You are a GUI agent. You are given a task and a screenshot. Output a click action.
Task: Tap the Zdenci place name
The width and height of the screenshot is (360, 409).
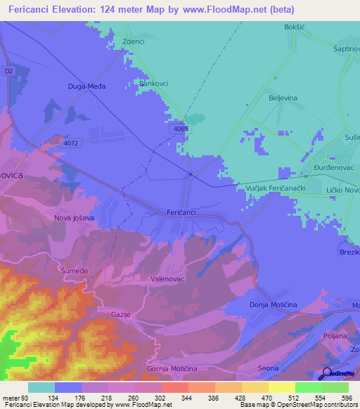click(133, 41)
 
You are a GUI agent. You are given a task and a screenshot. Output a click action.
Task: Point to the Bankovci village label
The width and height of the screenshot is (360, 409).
click(155, 83)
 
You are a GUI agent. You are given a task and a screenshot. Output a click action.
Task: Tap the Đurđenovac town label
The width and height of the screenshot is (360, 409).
click(325, 169)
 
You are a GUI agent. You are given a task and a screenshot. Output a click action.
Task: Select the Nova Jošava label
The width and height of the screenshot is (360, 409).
click(73, 218)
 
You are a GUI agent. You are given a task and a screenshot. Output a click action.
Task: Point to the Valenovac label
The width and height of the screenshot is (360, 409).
click(167, 278)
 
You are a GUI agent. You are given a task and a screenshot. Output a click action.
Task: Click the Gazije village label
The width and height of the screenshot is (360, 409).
click(121, 314)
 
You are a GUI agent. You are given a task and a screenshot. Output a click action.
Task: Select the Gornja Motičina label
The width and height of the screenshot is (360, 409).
click(170, 368)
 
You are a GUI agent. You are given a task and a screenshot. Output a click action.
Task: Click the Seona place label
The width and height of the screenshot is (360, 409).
click(269, 369)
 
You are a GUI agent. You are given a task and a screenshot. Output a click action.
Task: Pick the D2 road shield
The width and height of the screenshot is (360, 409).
click(8, 71)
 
